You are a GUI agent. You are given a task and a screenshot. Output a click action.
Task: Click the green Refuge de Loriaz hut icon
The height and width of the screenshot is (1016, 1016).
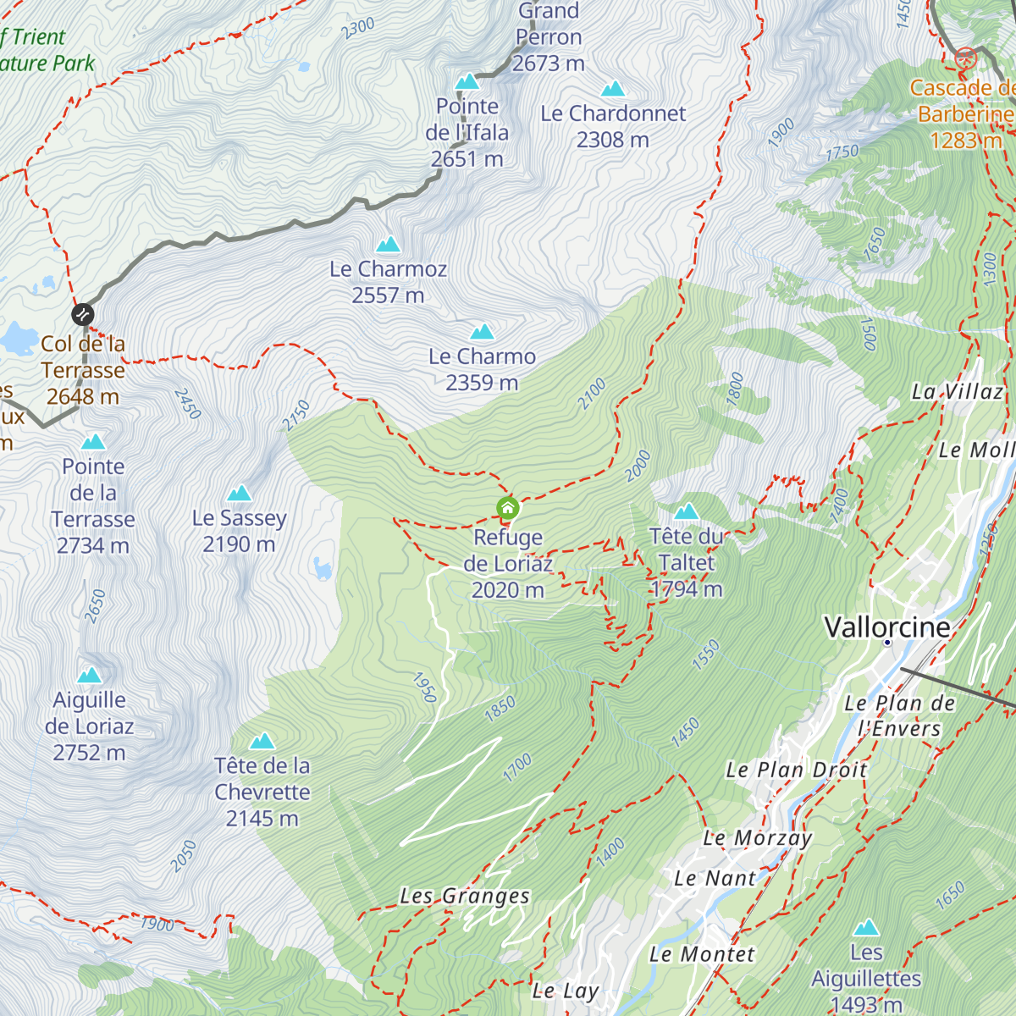tap(507, 508)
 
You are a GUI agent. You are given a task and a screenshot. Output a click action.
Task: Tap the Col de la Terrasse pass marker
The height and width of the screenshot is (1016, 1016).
tap(82, 315)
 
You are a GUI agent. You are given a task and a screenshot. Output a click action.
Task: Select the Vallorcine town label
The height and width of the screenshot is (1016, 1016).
tap(886, 627)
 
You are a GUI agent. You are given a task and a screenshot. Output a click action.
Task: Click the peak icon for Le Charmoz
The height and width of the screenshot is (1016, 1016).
tap(389, 245)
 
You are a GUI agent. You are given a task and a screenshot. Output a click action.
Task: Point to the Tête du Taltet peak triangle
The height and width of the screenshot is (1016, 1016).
tap(686, 511)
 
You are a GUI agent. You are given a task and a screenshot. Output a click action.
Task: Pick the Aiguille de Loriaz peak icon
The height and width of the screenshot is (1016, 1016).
tap(90, 675)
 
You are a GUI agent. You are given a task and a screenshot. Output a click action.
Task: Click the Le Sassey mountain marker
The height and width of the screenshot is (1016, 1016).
tap(240, 493)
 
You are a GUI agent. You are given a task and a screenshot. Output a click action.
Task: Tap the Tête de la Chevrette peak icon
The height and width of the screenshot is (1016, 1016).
tap(262, 742)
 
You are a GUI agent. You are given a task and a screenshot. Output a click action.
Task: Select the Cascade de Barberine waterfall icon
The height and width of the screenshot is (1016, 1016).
tap(965, 58)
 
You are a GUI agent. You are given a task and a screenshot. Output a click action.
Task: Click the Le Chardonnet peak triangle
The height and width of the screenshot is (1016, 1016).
tap(613, 89)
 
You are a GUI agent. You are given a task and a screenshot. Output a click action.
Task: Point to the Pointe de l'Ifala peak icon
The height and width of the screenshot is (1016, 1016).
tap(467, 81)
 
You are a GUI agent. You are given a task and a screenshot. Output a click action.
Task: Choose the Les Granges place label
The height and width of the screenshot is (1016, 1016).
tap(465, 896)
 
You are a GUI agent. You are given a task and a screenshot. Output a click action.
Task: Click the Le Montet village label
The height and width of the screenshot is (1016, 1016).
tap(702, 954)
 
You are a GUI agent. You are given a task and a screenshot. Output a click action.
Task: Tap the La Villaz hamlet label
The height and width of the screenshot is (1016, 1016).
tap(957, 391)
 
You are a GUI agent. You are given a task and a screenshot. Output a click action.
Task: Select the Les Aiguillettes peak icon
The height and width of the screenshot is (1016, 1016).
tap(866, 928)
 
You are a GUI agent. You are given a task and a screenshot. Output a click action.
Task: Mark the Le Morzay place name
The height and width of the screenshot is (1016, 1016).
tap(758, 838)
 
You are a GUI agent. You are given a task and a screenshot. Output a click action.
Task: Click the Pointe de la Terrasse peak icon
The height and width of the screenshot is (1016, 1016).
tap(93, 442)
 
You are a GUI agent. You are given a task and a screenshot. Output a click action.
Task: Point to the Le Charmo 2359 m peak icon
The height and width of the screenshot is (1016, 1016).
tap(483, 332)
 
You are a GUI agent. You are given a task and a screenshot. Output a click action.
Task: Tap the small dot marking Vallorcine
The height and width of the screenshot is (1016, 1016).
tap(887, 643)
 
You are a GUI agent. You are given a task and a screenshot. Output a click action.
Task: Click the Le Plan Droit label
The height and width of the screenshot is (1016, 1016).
tap(796, 770)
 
